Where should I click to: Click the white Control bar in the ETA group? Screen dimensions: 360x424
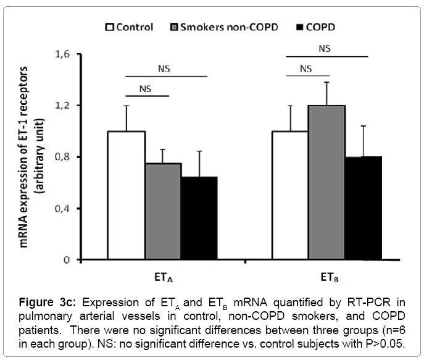pos(127,195)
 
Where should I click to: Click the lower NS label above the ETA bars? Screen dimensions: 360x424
pos(146,88)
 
